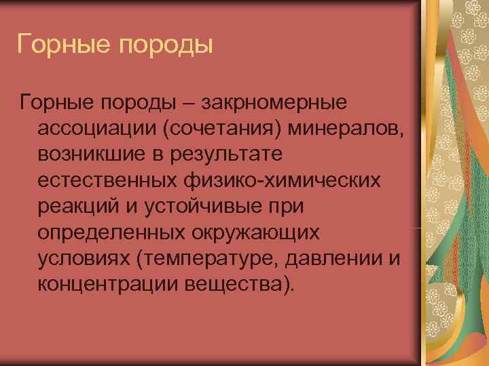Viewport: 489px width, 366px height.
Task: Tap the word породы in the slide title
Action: (x=164, y=45)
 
